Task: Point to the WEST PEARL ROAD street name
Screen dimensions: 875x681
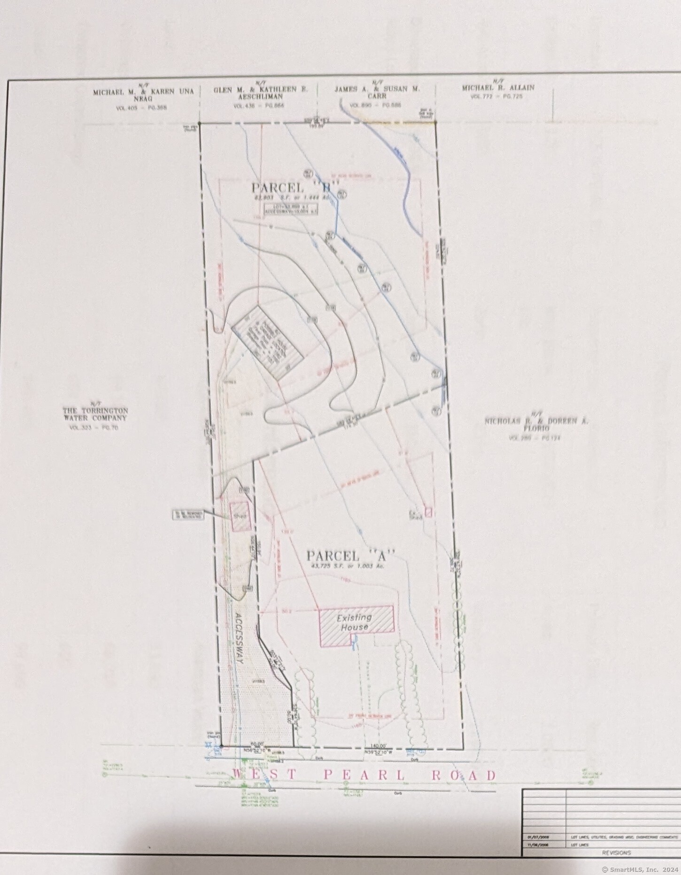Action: point(364,775)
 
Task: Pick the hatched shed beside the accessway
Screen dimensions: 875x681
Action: point(240,516)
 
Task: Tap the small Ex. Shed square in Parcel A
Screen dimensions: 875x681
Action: point(428,511)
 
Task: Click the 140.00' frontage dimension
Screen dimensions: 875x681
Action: point(378,745)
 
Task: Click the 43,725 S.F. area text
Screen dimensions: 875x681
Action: point(346,566)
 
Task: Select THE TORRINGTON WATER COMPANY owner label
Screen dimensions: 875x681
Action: point(95,414)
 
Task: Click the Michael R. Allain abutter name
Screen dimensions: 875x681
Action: point(498,88)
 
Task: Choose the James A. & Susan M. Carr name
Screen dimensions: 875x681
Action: point(377,92)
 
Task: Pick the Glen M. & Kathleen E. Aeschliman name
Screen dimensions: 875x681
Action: point(261,93)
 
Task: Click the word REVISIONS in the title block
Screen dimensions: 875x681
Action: point(617,852)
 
